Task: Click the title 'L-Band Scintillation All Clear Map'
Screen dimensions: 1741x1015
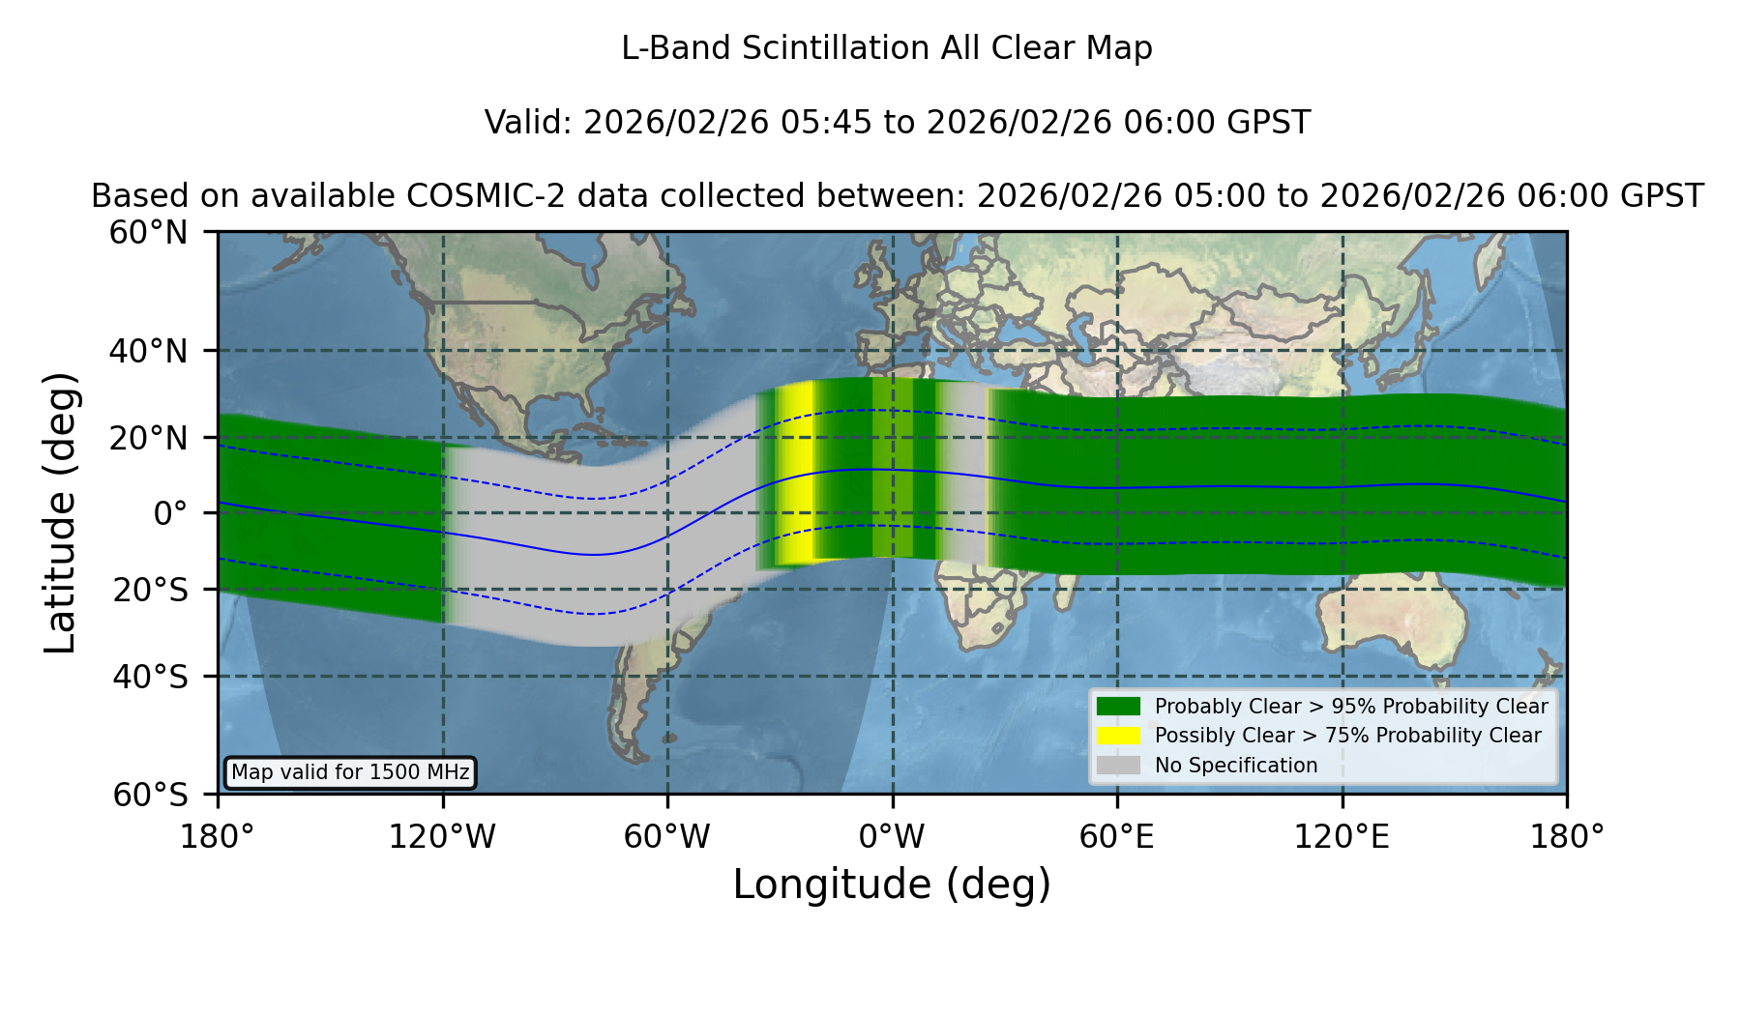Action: (887, 48)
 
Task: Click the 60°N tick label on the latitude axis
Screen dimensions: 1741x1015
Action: (148, 233)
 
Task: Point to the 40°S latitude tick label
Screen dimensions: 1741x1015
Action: (150, 677)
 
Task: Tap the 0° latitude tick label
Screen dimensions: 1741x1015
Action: (170, 513)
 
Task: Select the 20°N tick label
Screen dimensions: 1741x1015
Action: (148, 438)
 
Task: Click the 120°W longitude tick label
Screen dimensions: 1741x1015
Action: (442, 837)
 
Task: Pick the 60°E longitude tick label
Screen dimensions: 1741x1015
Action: (1117, 837)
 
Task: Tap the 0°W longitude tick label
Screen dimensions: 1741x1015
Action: (893, 837)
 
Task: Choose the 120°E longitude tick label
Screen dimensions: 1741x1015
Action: (1342, 837)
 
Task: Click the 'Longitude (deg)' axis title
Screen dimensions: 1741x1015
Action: (892, 884)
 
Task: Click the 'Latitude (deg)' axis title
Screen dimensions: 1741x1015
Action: (60, 512)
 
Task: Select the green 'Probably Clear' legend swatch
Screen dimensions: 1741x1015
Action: (1119, 706)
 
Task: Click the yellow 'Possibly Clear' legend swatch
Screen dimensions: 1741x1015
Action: (1119, 736)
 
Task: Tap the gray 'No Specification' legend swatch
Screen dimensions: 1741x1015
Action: (1119, 766)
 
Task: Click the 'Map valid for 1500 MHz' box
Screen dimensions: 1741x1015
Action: (350, 772)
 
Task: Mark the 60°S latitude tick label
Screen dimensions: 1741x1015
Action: (150, 795)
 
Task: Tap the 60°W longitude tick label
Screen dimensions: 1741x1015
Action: (667, 837)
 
